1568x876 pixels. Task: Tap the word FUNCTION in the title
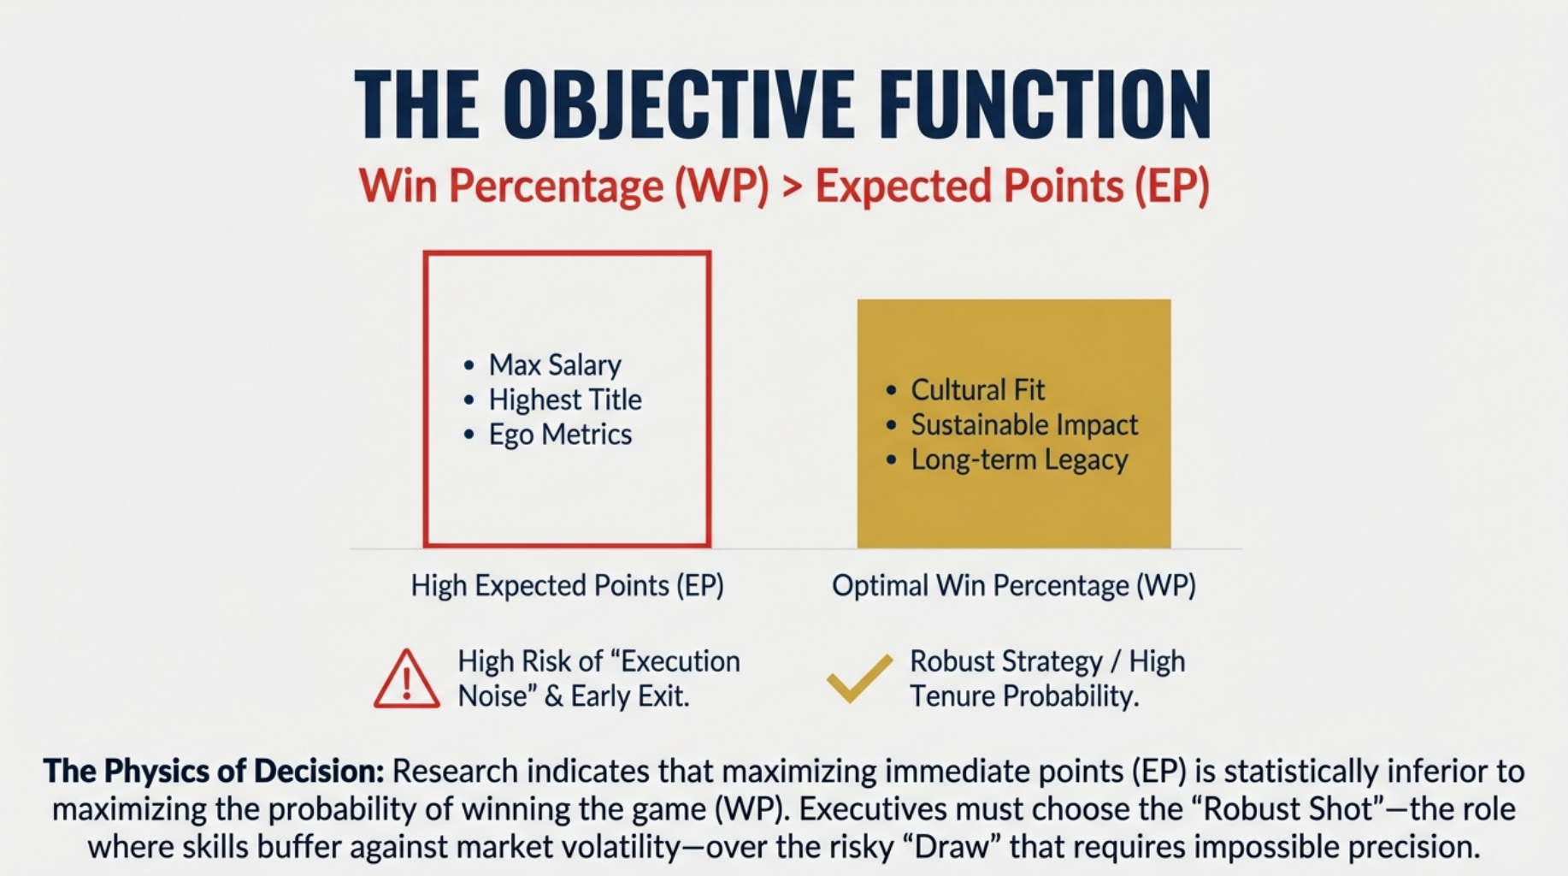[x=1046, y=104]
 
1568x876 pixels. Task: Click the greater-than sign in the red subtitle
[x=793, y=187]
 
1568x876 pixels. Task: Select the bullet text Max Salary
[x=555, y=365]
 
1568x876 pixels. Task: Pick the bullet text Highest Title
[x=565, y=400]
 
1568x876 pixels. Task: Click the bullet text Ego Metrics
[x=560, y=435]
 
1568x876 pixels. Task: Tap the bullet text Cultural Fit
[x=978, y=390]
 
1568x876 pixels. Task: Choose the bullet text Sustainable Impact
[x=1024, y=424]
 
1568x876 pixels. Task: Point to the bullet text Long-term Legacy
[x=1019, y=459]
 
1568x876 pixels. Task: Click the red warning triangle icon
[x=407, y=679]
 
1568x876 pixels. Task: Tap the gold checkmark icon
[x=859, y=678]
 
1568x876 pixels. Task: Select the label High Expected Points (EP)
[x=568, y=586]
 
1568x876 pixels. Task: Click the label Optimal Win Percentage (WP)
[x=1014, y=586]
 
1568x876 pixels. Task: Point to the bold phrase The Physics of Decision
[x=214, y=772]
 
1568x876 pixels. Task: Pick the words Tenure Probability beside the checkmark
[x=1024, y=696]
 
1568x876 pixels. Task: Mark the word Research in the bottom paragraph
[x=455, y=772]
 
